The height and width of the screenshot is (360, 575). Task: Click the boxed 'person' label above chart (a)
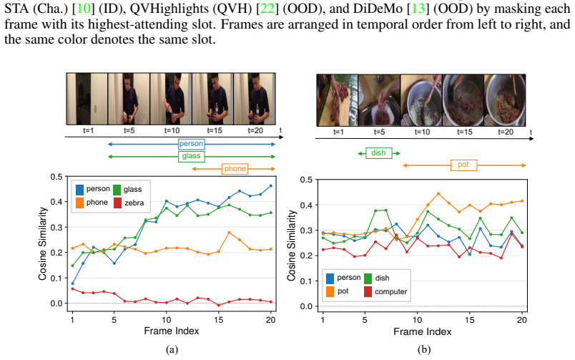191,144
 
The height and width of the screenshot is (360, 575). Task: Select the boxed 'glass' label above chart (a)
191,156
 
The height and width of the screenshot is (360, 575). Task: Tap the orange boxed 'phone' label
235,169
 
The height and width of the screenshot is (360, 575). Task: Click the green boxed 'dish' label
378,153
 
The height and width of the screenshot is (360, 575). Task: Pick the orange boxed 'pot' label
463,165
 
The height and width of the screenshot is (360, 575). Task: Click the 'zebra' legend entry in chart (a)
128,203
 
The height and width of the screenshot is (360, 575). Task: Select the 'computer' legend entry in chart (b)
385,291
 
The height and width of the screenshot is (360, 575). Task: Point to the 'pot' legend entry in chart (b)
338,291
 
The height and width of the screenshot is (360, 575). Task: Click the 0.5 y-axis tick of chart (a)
56,177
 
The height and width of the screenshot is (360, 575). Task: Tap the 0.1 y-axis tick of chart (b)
306,281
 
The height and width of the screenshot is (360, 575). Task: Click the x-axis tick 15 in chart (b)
469,320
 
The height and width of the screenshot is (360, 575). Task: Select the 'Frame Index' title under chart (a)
172,331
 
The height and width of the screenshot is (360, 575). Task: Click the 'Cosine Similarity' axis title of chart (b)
291,245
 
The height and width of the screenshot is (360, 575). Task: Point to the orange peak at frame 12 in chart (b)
438,194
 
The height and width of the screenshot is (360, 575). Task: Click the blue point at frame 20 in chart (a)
271,186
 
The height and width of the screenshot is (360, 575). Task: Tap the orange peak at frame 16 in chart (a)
229,233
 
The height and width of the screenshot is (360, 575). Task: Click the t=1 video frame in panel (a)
87,99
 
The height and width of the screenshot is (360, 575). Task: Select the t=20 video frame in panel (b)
505,100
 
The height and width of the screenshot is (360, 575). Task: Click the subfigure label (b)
424,349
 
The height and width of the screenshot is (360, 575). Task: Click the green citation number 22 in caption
267,8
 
